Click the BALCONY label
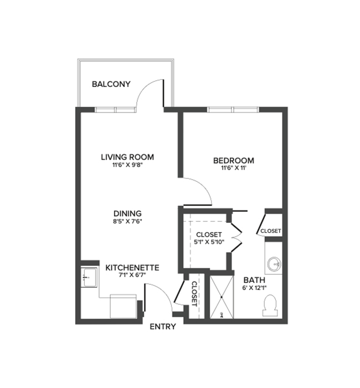[x=111, y=84]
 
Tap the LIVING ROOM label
[x=127, y=157]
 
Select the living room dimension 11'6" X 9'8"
[x=127, y=165]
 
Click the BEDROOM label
[x=233, y=161]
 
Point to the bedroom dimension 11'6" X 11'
[x=233, y=169]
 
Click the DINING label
[x=127, y=213]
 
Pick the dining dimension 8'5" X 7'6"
[x=127, y=221]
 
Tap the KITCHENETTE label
[x=132, y=268]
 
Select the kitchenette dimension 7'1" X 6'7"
[x=132, y=276]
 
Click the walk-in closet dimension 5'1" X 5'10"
[x=209, y=243]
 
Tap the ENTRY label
[x=163, y=326]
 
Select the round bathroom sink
[x=273, y=262]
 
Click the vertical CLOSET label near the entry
[x=194, y=294]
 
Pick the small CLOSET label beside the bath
[x=270, y=231]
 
